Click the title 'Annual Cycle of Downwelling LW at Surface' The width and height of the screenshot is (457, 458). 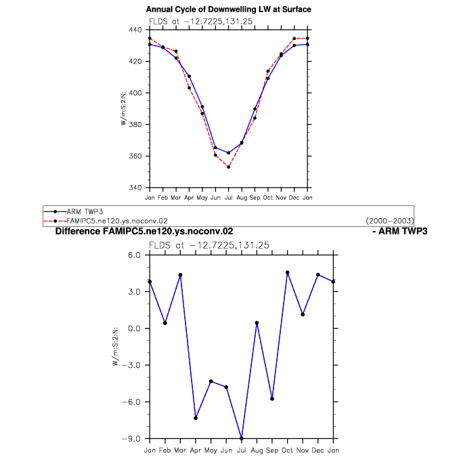pos(229,9)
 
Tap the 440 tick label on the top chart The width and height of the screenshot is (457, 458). pos(135,30)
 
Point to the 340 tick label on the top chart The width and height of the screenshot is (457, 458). pos(135,187)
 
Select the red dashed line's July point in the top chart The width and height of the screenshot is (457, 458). pos(229,167)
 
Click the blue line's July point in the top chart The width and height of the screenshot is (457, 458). pos(229,152)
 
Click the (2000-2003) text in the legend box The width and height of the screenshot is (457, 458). pos(390,221)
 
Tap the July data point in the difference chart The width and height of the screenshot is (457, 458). pos(241,438)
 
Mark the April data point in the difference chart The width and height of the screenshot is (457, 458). pos(196,418)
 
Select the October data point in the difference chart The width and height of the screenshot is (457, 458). pos(288,272)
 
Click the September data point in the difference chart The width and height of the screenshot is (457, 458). pos(272,398)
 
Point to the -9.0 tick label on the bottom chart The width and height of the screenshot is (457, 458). pos(131,439)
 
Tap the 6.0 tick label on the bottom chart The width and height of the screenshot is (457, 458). pos(134,255)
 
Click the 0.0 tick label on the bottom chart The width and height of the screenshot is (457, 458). pos(134,329)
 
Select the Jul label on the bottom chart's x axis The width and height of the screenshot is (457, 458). pos(241,450)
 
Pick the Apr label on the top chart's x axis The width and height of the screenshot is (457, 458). pos(189,198)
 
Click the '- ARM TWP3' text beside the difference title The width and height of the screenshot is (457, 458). pos(400,231)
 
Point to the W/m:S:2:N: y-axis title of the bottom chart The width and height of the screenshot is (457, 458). pos(116,346)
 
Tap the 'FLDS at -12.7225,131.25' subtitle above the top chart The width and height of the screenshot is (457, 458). pos(200,21)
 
